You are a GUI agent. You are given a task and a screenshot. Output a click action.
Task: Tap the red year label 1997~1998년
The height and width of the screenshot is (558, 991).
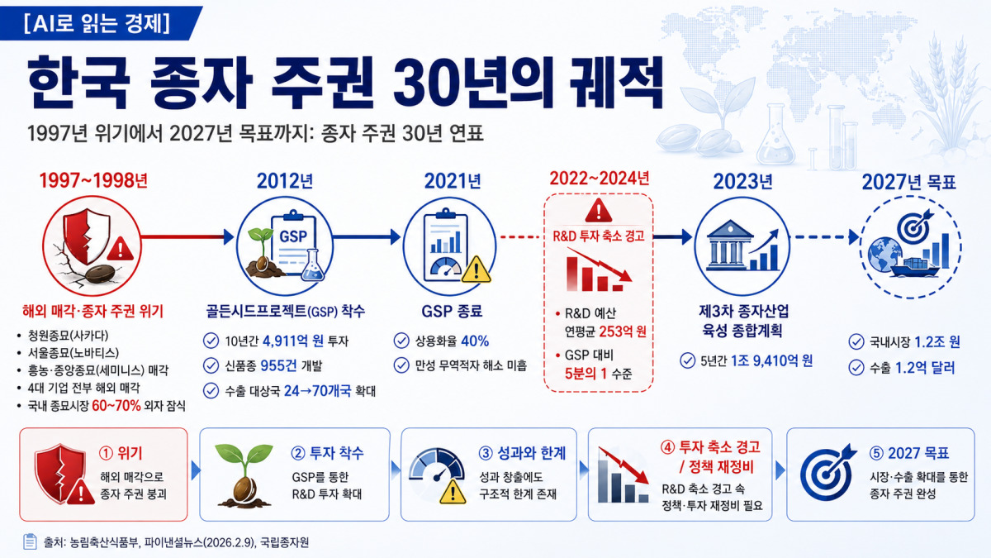coord(94,181)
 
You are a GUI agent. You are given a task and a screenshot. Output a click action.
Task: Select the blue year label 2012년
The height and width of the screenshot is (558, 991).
coord(285,181)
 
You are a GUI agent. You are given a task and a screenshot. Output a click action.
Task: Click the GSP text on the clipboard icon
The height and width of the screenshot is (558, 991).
coord(293,236)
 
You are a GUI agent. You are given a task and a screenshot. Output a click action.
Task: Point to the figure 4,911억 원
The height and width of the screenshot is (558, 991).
coord(293,341)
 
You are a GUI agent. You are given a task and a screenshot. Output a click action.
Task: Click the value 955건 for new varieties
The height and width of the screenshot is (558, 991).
coord(278,365)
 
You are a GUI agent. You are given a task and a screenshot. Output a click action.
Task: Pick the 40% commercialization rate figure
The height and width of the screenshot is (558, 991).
coord(475,341)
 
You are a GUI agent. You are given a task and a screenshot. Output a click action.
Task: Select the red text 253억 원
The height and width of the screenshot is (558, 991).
coord(623,331)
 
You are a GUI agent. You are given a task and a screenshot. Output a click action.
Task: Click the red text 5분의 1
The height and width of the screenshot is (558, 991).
coord(586,374)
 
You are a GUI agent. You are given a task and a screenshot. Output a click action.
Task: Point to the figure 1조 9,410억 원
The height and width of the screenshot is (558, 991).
coord(771,360)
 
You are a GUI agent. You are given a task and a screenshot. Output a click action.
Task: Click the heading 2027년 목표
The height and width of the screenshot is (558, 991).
coord(909,182)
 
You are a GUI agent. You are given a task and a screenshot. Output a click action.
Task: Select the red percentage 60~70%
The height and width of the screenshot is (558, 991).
coord(116,406)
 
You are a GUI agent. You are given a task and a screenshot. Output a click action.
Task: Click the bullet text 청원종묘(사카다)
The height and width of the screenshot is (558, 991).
coord(68,336)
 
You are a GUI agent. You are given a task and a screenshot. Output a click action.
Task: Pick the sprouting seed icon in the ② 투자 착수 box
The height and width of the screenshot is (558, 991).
coord(244,475)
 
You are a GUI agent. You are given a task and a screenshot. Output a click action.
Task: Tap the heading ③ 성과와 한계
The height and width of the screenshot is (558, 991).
coord(522,453)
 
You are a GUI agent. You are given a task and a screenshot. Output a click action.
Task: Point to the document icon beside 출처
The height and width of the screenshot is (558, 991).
coord(30,541)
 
